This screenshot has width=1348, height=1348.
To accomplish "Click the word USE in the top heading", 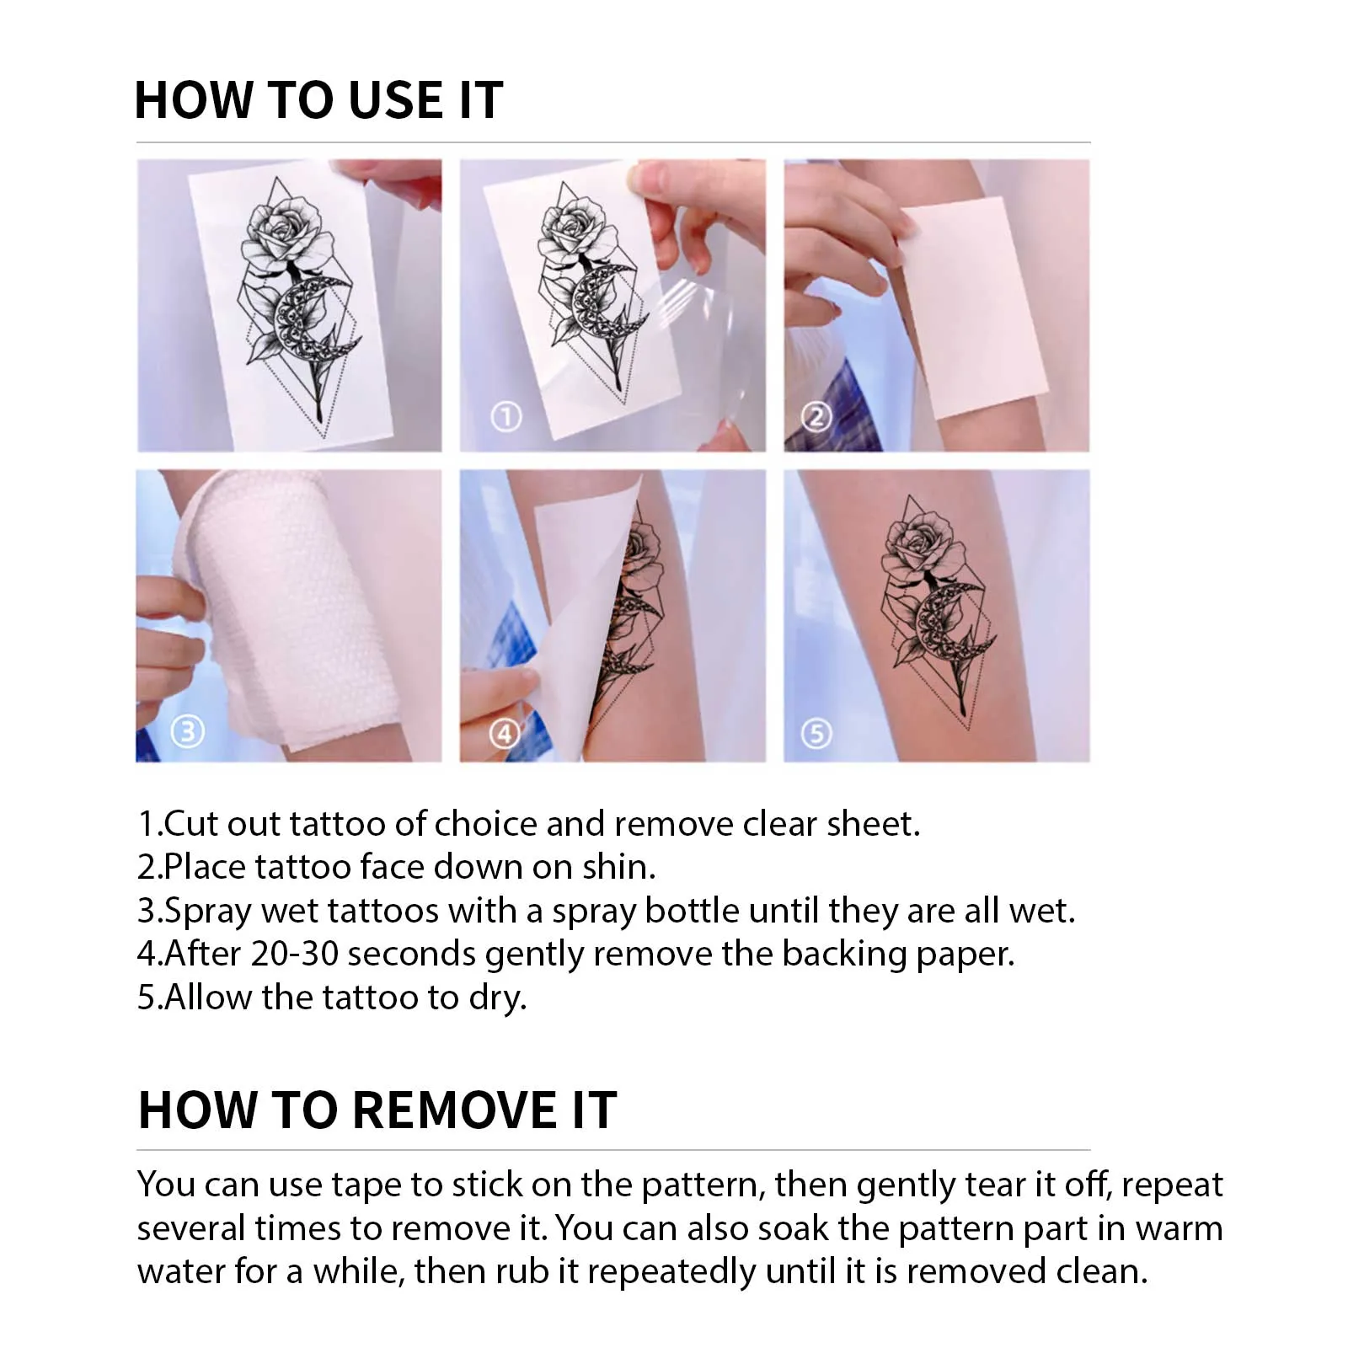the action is click(x=395, y=100).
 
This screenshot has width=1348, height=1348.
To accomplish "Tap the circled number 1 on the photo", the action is click(x=506, y=416).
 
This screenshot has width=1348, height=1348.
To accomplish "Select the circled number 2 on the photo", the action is click(x=816, y=416).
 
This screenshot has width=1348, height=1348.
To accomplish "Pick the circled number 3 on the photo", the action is click(x=187, y=731).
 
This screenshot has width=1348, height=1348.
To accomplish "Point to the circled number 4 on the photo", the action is click(x=505, y=734).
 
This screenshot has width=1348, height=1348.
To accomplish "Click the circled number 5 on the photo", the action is click(x=816, y=734).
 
